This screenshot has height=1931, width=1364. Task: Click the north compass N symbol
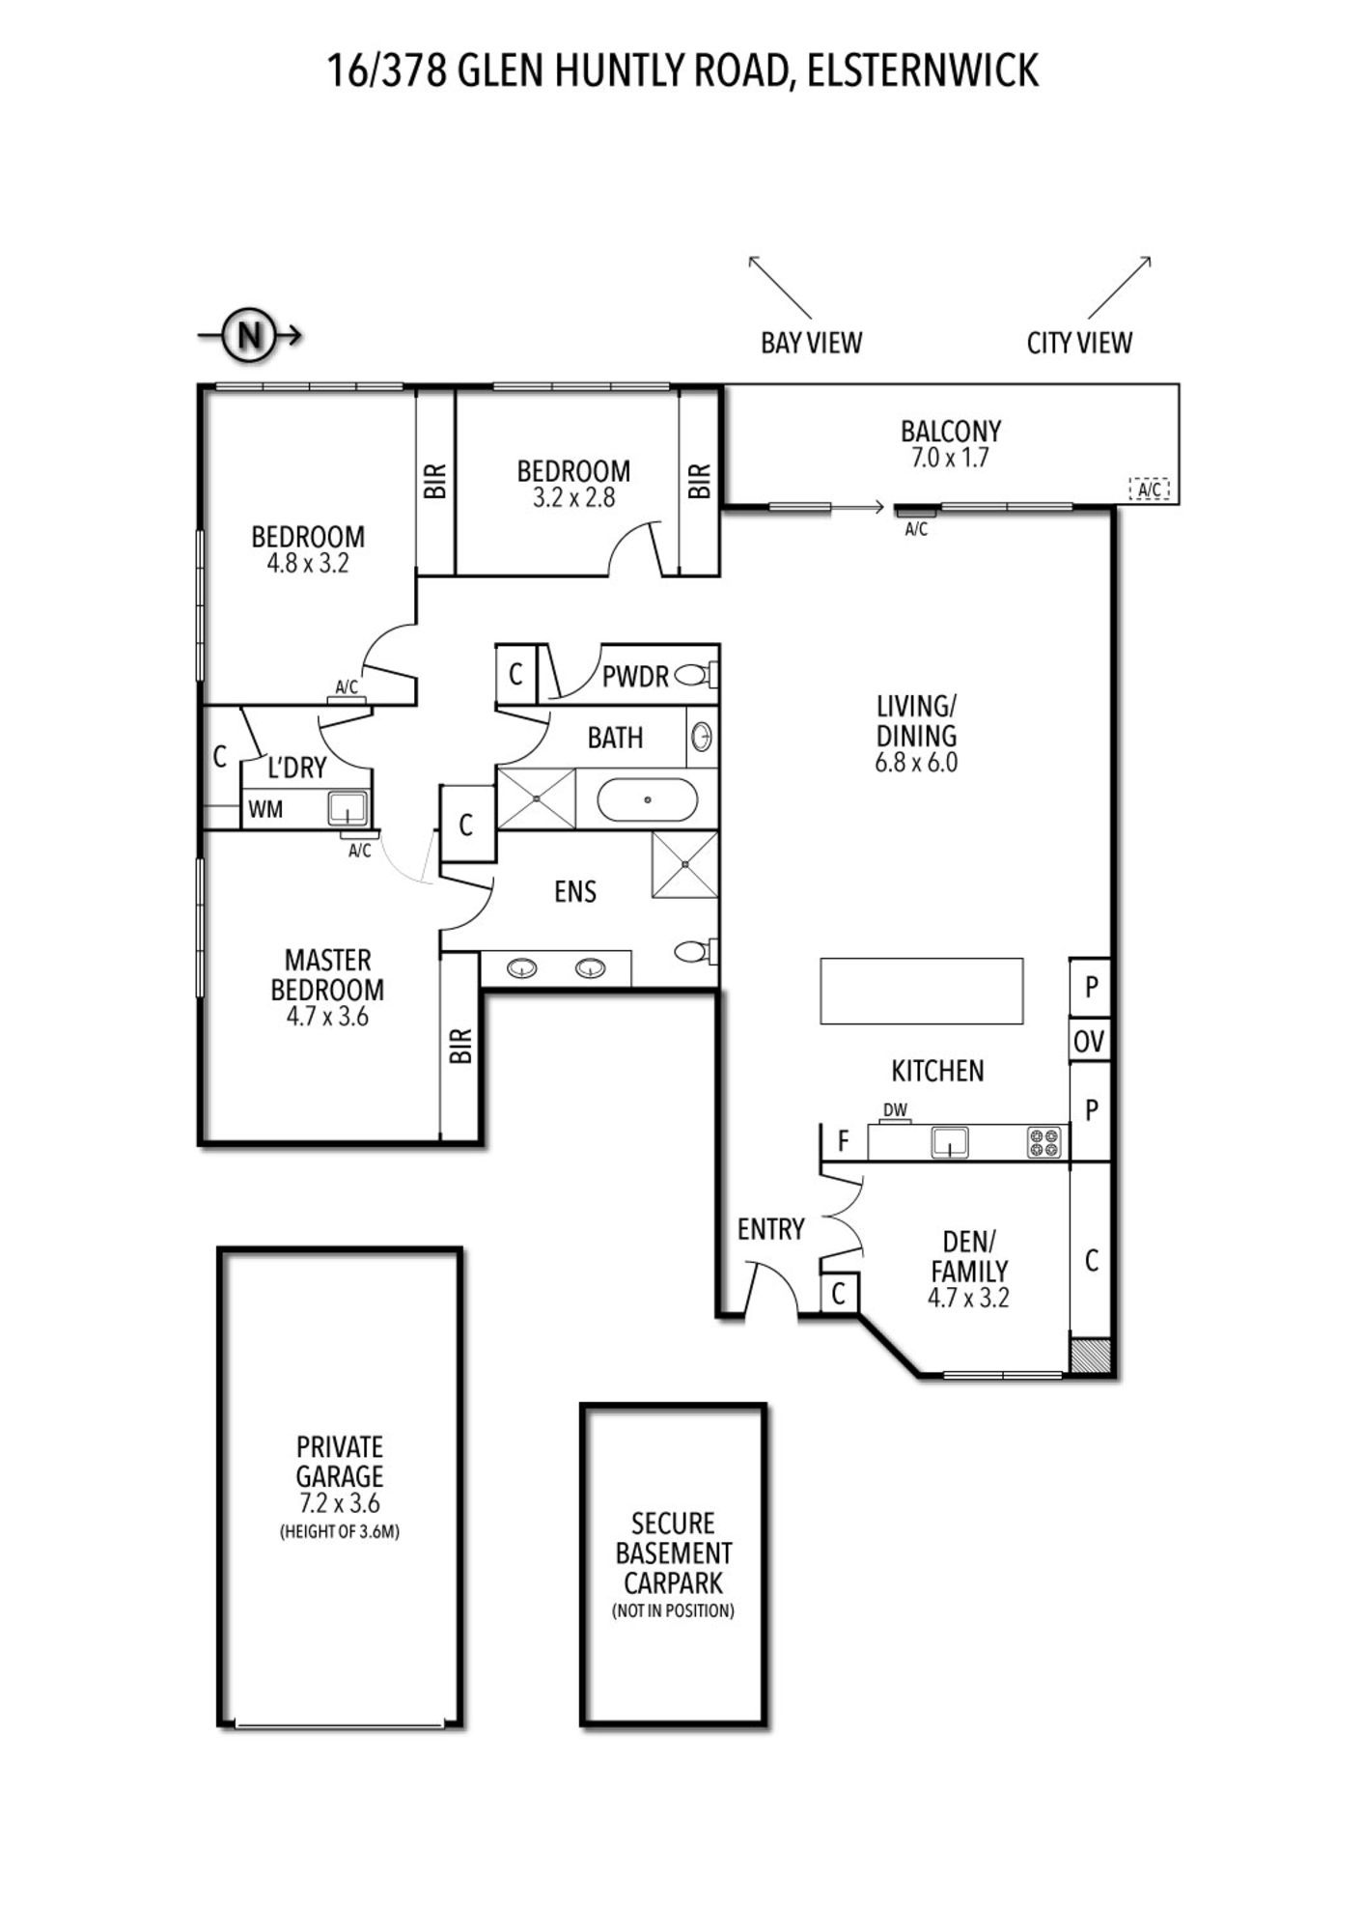(249, 336)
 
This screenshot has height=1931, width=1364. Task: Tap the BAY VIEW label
(811, 343)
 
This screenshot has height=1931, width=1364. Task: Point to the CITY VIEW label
(1079, 343)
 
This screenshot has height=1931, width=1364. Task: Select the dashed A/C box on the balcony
(1150, 490)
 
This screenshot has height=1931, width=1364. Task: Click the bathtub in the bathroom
(647, 800)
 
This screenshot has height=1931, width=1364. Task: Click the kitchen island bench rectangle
(921, 991)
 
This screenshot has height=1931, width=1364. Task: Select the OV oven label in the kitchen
(1089, 1042)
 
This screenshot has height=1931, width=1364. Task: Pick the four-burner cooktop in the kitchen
(1044, 1142)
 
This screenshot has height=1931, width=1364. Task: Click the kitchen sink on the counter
(950, 1142)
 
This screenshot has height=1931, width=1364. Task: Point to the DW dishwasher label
(895, 1110)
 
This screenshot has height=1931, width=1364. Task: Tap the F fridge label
(843, 1142)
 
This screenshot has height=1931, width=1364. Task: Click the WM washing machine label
(265, 809)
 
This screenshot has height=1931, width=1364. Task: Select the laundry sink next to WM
(348, 808)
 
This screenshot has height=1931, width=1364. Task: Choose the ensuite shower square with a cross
(684, 864)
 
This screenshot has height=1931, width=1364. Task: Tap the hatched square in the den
(1091, 1355)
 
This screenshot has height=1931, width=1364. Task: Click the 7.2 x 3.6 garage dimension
(340, 1503)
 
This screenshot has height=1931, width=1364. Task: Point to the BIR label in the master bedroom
(460, 1046)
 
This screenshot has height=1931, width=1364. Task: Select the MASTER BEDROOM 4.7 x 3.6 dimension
(327, 1017)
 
